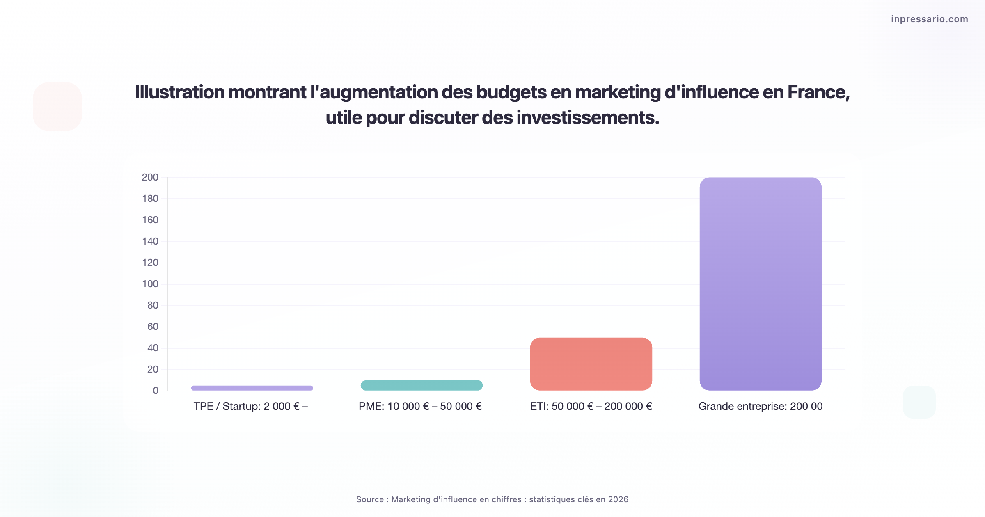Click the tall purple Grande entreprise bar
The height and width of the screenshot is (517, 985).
(761, 283)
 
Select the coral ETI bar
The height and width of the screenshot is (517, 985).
(591, 364)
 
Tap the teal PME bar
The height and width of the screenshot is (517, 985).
(421, 385)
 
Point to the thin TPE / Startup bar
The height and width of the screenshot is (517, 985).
(252, 388)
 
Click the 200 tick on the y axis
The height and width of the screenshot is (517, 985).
(150, 177)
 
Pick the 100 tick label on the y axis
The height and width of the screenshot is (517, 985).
(150, 284)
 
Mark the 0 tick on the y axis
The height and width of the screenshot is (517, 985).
(156, 391)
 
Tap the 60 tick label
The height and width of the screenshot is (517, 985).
(153, 327)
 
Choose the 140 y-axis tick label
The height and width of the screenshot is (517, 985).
(150, 241)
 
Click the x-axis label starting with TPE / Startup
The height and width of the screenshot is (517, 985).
(250, 406)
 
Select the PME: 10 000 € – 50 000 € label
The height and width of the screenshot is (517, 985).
(420, 406)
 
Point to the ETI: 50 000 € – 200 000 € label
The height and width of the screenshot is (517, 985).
(591, 406)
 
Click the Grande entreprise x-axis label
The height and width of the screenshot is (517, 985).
(761, 406)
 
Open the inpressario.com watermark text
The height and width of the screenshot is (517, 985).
(929, 19)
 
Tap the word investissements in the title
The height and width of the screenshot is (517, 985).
(587, 118)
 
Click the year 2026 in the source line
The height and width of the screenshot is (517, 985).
(618, 499)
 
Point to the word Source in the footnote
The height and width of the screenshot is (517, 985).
(370, 499)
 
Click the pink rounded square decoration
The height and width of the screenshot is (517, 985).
(57, 107)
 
